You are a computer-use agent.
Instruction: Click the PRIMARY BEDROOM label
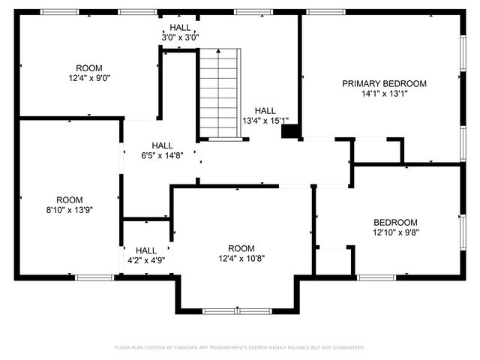(x=384, y=83)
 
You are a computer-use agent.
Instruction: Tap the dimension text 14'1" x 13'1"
(x=384, y=94)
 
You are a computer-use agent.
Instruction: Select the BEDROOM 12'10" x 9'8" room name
(x=395, y=222)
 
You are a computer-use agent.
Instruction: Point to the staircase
(x=218, y=94)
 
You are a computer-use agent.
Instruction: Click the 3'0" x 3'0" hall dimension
(x=180, y=37)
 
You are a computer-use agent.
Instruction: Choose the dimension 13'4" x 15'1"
(x=265, y=120)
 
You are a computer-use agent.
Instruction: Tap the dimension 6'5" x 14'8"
(x=162, y=156)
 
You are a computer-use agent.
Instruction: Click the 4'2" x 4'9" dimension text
(x=146, y=260)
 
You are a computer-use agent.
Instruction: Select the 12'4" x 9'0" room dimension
(x=89, y=76)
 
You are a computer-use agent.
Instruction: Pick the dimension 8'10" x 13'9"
(x=69, y=210)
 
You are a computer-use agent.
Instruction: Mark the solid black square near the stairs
(x=289, y=132)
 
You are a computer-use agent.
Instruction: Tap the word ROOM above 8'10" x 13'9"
(x=69, y=199)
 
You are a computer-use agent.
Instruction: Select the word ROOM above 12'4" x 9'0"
(x=89, y=67)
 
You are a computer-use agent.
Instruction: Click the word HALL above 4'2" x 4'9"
(x=146, y=250)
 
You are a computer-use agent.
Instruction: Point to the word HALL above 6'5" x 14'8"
(x=162, y=145)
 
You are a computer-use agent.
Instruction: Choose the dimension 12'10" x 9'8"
(x=395, y=232)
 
